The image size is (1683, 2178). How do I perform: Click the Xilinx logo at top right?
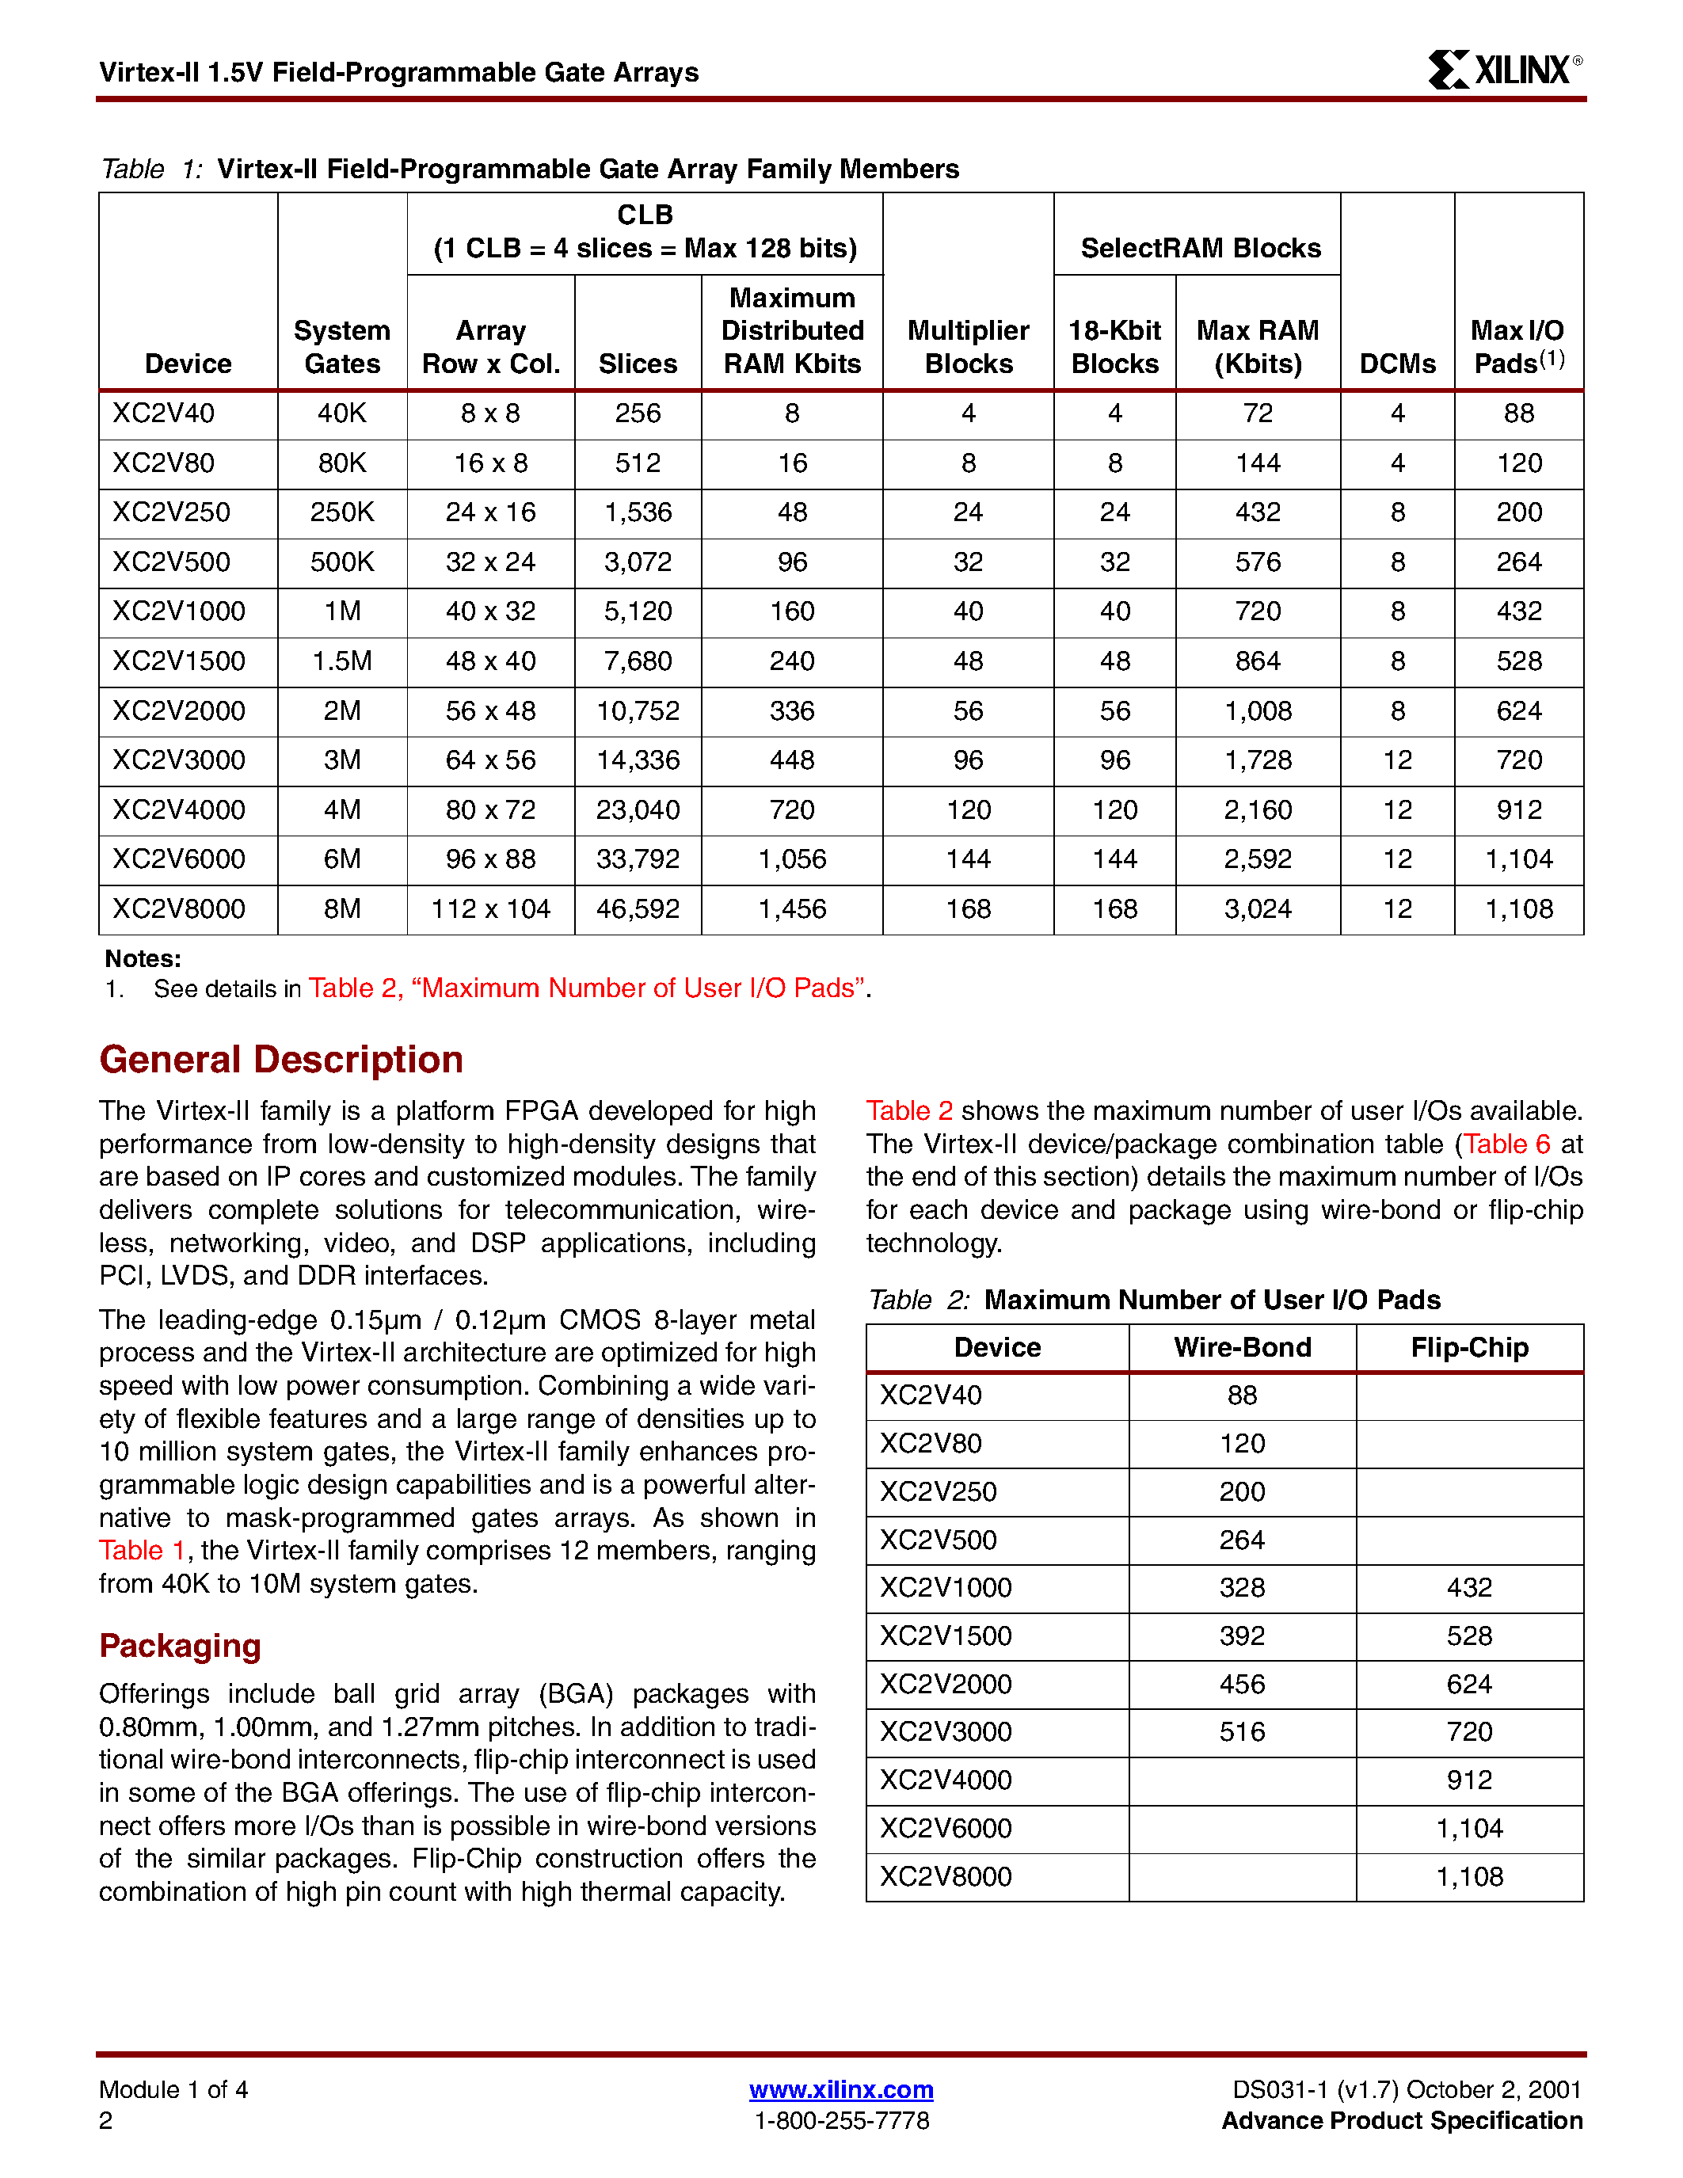coord(1503,70)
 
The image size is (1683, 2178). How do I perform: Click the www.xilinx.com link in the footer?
coord(840,2089)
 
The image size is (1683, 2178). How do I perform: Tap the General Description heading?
coord(281,1059)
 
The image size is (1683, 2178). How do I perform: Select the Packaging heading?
coord(180,1646)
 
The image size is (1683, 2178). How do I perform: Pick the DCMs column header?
coord(1397,364)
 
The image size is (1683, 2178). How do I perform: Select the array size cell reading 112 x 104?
coord(490,908)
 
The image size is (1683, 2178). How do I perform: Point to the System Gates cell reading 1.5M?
coord(342,661)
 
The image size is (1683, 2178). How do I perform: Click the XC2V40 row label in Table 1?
coord(163,413)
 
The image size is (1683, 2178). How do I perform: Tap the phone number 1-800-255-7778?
coord(840,2120)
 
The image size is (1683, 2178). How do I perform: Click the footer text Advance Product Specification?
coord(1401,2120)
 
